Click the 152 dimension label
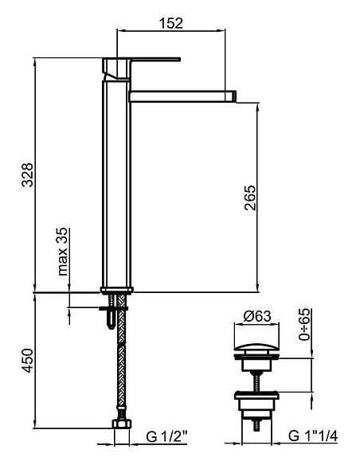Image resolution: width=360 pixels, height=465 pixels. coord(171,23)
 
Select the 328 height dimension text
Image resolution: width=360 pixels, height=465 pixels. coord(28,174)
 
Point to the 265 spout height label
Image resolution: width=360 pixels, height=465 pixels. coord(250,197)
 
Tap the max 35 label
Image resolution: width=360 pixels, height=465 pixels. coord(63,252)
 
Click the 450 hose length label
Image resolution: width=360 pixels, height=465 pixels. coord(28,361)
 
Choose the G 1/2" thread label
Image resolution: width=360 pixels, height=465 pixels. coord(167,436)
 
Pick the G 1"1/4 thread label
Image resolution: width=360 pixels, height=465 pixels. coord(313,436)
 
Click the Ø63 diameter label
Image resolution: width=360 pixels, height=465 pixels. coord(257,316)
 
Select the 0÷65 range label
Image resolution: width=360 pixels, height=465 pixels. coord(304,324)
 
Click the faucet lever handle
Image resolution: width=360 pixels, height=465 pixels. coord(155,60)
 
